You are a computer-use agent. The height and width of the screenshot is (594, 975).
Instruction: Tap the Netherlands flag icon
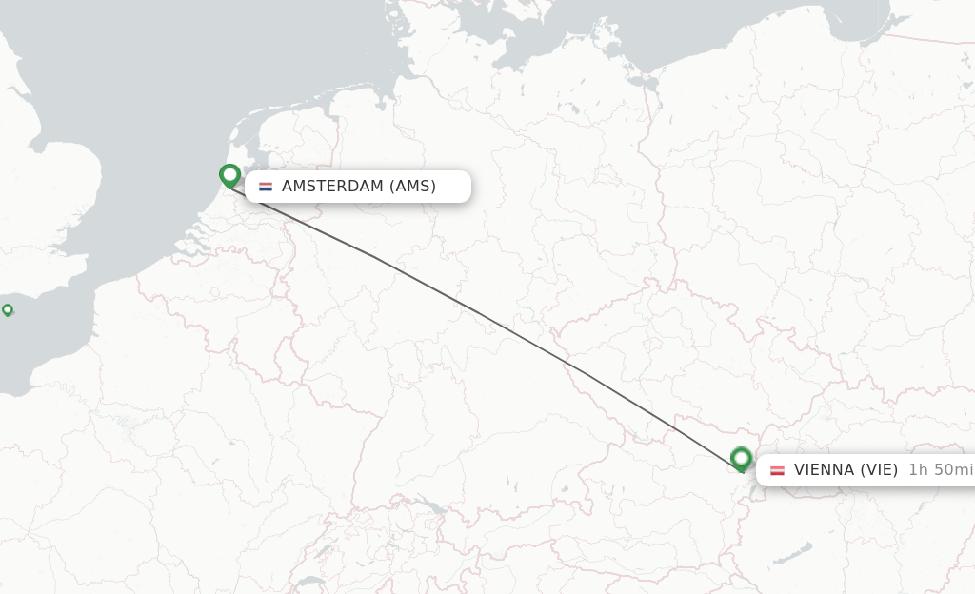point(266,187)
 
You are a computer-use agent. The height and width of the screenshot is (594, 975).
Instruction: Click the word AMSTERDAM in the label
point(331,187)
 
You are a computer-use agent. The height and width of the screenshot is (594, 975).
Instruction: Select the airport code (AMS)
point(412,187)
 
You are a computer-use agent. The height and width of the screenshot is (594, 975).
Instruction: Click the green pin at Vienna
point(742,460)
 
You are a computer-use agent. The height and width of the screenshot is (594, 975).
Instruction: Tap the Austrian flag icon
point(778,470)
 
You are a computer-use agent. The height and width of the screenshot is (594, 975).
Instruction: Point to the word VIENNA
point(825,470)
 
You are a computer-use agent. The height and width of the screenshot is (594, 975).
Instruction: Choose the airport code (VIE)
point(880,470)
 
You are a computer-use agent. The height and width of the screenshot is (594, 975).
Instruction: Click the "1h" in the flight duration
point(918,470)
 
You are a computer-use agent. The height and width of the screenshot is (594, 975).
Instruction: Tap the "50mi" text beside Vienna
point(953,470)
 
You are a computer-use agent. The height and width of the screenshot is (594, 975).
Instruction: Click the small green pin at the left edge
point(8,309)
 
